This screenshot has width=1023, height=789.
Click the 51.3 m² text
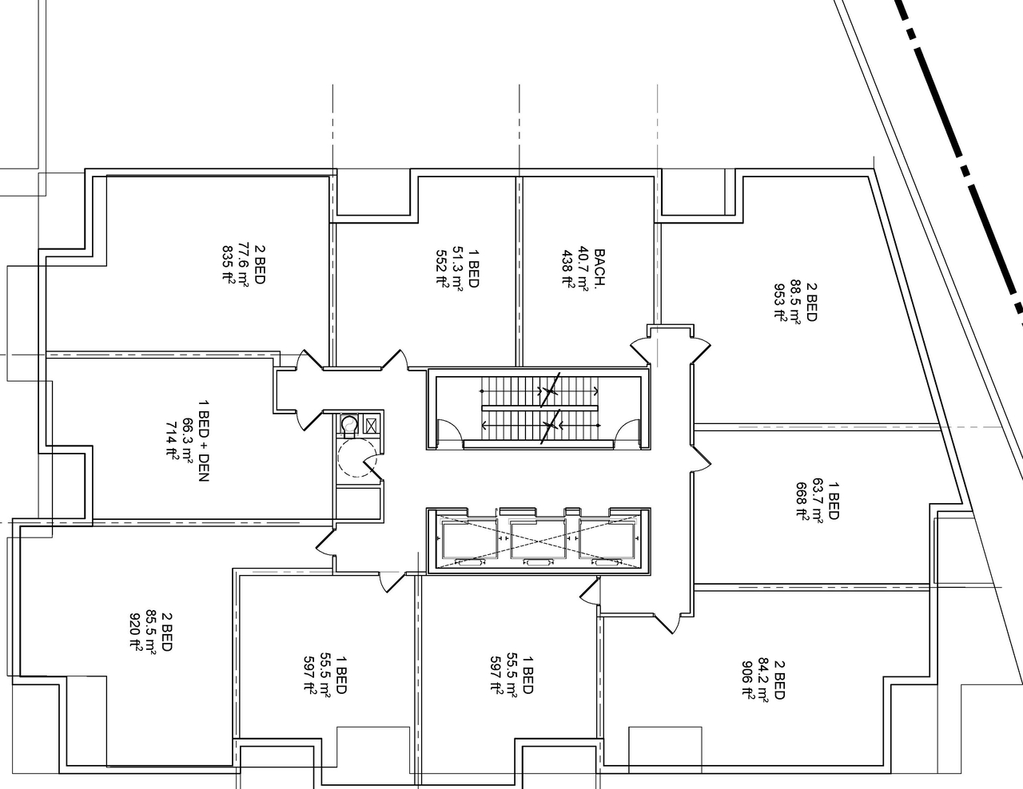pos(457,266)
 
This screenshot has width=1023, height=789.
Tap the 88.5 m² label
pos(794,299)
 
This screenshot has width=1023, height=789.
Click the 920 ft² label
pos(135,632)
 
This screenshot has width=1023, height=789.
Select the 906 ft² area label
pos(748,679)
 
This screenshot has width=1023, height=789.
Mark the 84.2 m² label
pos(764,679)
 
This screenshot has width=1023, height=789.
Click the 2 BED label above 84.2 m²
pos(780,679)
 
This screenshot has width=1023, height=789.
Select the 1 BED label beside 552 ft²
pos(473,266)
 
